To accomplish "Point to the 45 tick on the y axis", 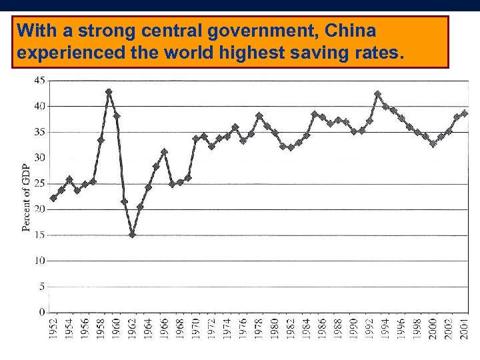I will click(x=40, y=80).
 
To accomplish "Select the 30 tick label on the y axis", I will click(x=40, y=157).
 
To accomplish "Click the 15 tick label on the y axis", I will click(x=40, y=235).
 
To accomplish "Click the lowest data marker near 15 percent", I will click(x=132, y=235).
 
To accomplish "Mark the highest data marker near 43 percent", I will click(x=109, y=92).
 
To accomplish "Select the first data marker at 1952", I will click(x=53, y=198).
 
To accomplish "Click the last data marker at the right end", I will click(x=465, y=113).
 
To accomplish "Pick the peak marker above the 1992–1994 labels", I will click(x=377, y=94).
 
